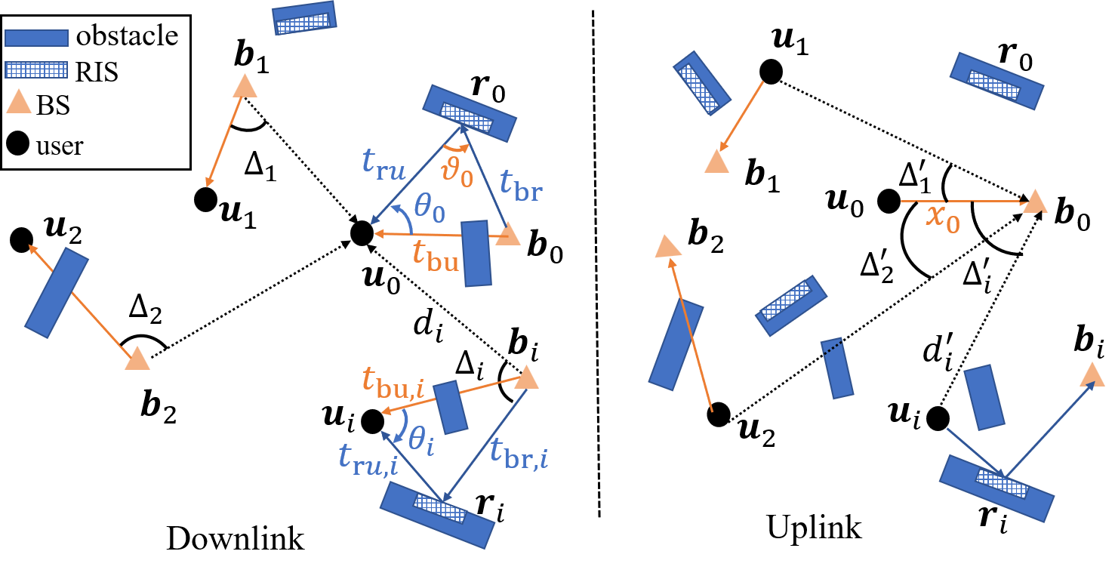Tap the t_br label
tap(521, 186)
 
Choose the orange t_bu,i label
tap(393, 380)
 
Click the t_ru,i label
tap(368, 458)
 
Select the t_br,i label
tap(519, 453)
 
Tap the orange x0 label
tap(943, 218)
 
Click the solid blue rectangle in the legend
tap(36, 38)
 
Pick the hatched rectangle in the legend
tap(36, 70)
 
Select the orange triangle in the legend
tap(19, 101)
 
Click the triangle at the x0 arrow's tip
tap(1035, 202)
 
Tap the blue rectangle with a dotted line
tap(837, 368)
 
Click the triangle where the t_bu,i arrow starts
tap(526, 377)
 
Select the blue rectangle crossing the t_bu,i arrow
tap(451, 407)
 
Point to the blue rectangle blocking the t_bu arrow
tap(476, 254)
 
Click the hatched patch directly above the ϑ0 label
tap(466, 117)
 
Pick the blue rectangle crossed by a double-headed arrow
tap(57, 292)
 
